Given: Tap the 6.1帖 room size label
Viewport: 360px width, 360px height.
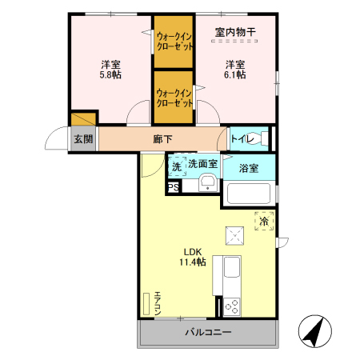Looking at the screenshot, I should (234, 74).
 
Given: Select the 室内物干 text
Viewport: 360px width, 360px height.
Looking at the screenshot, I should (234, 32).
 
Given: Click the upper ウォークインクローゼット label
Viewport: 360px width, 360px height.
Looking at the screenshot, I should (174, 41).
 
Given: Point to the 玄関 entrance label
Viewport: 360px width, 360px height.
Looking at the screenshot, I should (83, 139).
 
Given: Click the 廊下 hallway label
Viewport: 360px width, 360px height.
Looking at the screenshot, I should (162, 138).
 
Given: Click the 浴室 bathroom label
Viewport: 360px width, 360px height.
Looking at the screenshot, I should (248, 168).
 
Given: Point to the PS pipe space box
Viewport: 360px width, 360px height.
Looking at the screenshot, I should (173, 188).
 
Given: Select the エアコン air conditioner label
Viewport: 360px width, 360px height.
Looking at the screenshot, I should (158, 302).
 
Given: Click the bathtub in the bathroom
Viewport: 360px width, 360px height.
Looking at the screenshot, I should (250, 194).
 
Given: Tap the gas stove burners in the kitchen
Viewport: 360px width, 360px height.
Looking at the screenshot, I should (233, 305).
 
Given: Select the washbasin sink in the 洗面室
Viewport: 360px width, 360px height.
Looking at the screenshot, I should (207, 181).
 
